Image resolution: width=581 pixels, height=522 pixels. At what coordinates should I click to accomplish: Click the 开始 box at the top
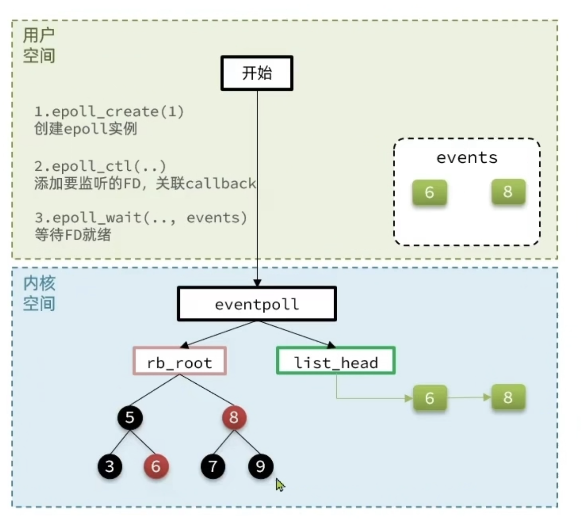pyautogui.click(x=257, y=73)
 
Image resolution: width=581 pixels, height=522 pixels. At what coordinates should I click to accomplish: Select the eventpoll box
pyautogui.click(x=257, y=304)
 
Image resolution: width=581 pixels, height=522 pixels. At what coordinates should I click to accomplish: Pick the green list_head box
pyautogui.click(x=336, y=361)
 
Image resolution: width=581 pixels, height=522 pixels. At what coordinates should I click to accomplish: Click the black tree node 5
pyautogui.click(x=130, y=417)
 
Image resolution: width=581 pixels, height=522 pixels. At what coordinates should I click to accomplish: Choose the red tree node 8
pyautogui.click(x=234, y=417)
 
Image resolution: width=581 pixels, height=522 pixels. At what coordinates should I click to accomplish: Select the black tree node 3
pyautogui.click(x=109, y=466)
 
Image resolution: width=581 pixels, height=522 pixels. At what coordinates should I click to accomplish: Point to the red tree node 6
pyautogui.click(x=156, y=466)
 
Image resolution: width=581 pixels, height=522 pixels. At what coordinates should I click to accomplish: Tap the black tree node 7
pyautogui.click(x=213, y=466)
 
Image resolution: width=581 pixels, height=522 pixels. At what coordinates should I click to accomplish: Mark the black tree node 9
pyautogui.click(x=260, y=466)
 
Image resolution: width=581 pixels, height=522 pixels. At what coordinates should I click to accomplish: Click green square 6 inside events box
pyautogui.click(x=429, y=192)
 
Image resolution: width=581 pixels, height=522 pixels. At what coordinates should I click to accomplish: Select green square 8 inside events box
pyautogui.click(x=508, y=192)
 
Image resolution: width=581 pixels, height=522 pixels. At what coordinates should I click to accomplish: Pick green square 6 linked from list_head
pyautogui.click(x=429, y=398)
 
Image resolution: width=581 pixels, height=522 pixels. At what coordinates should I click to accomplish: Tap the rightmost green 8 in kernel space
pyautogui.click(x=508, y=397)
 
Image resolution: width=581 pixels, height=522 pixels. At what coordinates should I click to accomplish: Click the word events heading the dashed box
pyautogui.click(x=467, y=157)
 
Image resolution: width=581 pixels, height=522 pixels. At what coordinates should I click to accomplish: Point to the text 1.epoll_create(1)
pyautogui.click(x=109, y=111)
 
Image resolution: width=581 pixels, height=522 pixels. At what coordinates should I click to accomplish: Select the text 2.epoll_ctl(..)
pyautogui.click(x=100, y=166)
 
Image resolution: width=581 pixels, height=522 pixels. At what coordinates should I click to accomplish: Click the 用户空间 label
pyautogui.click(x=39, y=45)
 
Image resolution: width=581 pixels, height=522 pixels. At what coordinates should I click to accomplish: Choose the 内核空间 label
pyautogui.click(x=39, y=293)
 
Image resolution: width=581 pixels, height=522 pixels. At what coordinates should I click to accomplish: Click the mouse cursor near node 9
pyautogui.click(x=280, y=485)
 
